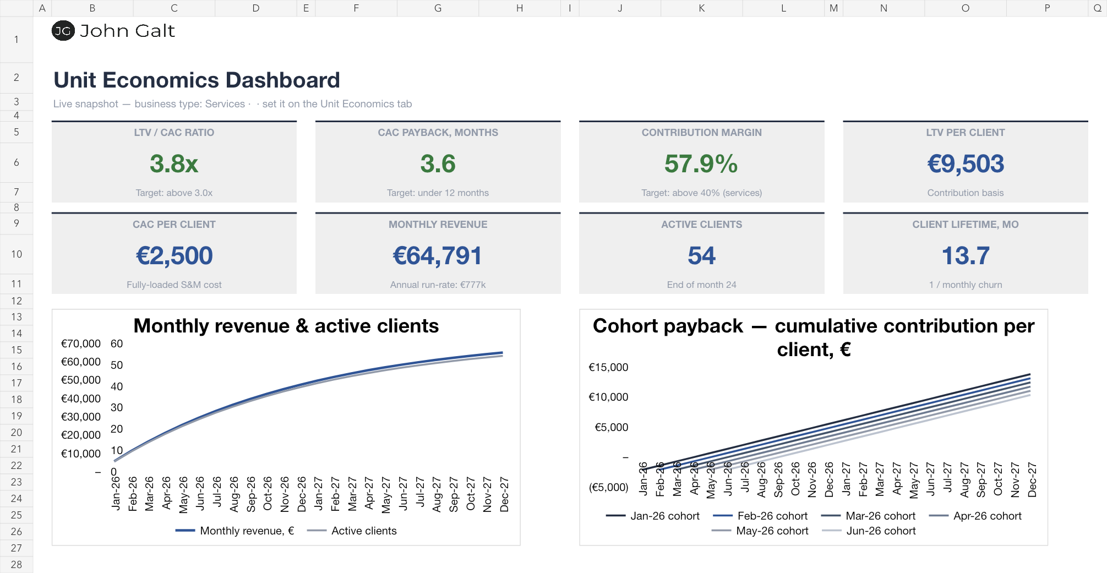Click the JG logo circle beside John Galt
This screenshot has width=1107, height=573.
63,31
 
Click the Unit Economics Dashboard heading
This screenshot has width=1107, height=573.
197,80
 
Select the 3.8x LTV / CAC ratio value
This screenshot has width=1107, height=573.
174,163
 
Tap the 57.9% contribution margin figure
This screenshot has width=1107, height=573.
701,163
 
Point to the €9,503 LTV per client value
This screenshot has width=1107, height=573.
966,163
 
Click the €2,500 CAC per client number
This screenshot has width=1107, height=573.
174,255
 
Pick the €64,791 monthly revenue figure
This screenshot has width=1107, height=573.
438,255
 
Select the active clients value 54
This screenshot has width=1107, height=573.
701,255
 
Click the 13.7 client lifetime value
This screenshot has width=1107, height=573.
966,255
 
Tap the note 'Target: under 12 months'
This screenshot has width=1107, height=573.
438,193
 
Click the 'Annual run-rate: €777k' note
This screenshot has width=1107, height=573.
438,285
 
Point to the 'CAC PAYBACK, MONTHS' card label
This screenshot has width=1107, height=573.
438,133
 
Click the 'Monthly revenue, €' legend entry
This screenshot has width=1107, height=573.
235,531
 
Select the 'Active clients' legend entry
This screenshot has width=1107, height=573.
352,531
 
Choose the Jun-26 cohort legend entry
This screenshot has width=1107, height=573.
869,531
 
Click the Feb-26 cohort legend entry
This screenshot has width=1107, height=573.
760,516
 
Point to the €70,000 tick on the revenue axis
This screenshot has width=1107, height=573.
81,343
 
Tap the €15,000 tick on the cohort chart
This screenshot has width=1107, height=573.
608,367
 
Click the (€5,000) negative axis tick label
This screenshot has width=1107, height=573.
608,487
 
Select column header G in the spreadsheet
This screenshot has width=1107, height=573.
438,8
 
